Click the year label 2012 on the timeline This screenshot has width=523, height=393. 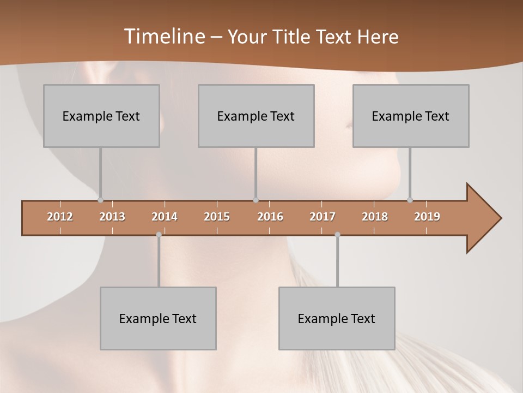[x=60, y=217]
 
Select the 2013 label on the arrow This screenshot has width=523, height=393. [x=112, y=217]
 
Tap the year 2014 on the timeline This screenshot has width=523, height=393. [x=165, y=217]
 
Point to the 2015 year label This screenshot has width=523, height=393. [x=217, y=217]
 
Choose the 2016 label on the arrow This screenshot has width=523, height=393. [x=270, y=217]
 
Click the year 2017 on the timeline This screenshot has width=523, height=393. [x=323, y=217]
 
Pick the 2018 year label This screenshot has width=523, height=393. [x=375, y=217]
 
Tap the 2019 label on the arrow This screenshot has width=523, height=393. [x=427, y=217]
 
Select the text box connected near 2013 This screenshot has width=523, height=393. [x=101, y=116]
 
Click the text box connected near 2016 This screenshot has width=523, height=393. [x=256, y=116]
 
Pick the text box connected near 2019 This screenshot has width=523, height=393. [x=411, y=116]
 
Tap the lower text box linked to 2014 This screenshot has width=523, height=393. [x=158, y=318]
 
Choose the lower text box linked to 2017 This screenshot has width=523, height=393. [x=337, y=318]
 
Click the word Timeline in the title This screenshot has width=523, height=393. [x=163, y=37]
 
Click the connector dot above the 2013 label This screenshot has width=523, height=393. [x=100, y=200]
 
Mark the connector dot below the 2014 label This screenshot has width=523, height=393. [x=159, y=235]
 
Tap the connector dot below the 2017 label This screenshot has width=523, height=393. [x=337, y=235]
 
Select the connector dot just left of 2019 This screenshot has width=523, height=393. [x=410, y=200]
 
